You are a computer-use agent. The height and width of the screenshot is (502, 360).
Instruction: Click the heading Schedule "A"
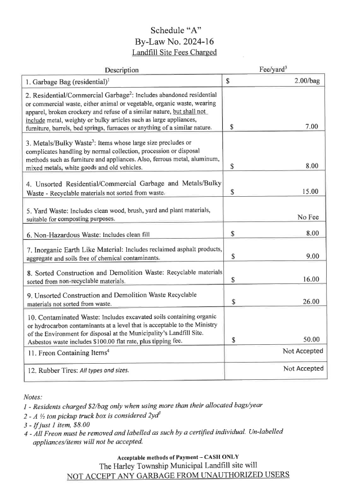[x=180, y=29]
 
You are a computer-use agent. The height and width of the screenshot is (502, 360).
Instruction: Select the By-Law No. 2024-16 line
[x=180, y=41]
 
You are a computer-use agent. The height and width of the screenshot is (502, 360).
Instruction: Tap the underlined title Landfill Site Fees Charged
[x=180, y=52]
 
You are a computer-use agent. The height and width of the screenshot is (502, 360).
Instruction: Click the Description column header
[x=122, y=70]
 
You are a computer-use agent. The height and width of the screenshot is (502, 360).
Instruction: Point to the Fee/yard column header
[x=273, y=69]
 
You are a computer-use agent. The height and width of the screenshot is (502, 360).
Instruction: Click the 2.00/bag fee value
[x=307, y=81]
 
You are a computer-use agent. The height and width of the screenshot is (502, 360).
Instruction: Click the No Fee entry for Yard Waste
[x=308, y=217]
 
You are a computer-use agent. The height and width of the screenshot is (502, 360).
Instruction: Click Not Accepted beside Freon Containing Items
[x=303, y=351]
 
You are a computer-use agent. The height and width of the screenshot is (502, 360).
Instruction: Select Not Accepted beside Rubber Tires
[x=303, y=369]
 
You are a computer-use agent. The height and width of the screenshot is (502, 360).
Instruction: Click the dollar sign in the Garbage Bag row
[x=228, y=81]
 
